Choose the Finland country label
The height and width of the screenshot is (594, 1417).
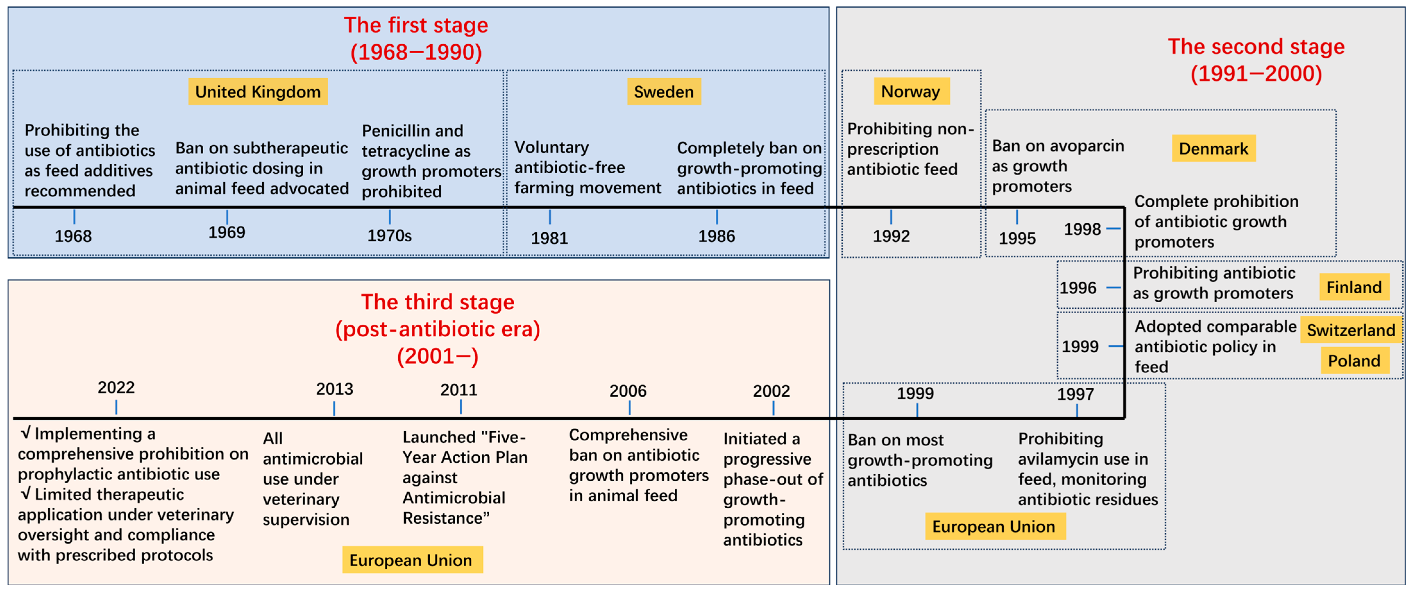[x=1354, y=287]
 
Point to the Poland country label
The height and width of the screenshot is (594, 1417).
[x=1354, y=361]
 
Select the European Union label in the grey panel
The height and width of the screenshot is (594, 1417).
[x=995, y=526]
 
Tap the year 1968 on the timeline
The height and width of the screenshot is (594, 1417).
[x=73, y=236]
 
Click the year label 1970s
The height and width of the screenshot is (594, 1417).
[x=390, y=236]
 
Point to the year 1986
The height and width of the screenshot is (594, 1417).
[x=717, y=236]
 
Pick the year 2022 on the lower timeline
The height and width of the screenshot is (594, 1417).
[x=116, y=388]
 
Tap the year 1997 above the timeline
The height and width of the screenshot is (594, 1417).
[x=1075, y=394]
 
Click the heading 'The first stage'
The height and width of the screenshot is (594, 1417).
[x=416, y=25]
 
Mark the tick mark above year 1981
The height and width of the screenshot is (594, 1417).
[x=550, y=216]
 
